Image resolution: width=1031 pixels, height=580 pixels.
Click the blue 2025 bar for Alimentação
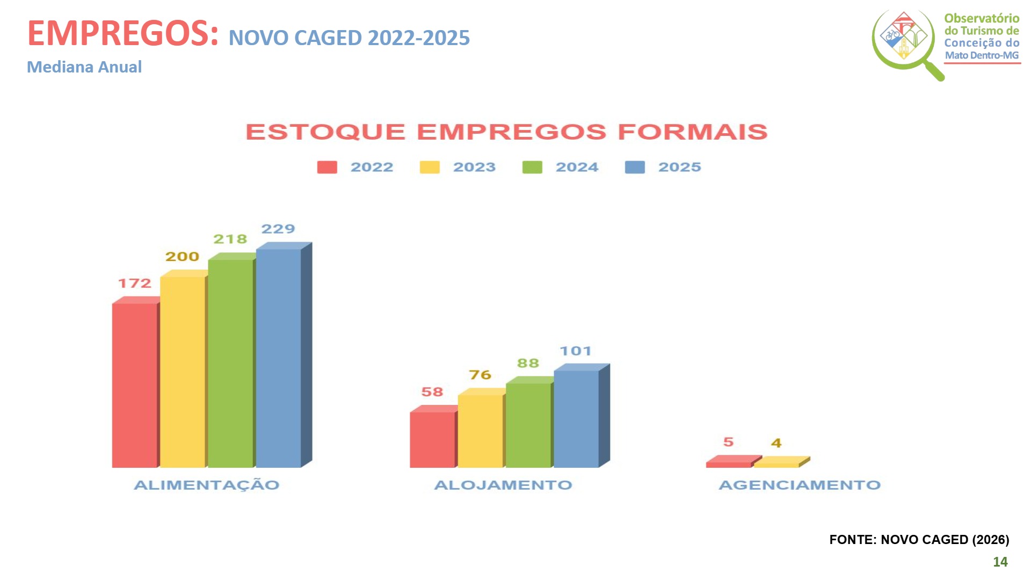[x=278, y=358]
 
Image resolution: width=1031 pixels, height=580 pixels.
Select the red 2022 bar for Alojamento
[x=432, y=439]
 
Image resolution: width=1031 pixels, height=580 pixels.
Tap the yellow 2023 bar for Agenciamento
[x=777, y=463]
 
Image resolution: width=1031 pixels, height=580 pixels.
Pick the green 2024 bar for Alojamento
[x=528, y=424]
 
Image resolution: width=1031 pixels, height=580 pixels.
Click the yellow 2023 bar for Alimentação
[x=183, y=372]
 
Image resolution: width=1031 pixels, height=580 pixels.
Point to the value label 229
[x=278, y=229]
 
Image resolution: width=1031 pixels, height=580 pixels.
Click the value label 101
[x=575, y=351]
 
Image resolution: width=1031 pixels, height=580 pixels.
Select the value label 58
[x=432, y=392]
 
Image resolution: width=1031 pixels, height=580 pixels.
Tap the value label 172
[x=134, y=284]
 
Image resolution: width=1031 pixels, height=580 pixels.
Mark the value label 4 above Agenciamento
[x=776, y=443]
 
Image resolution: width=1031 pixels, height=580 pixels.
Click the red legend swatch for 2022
[x=327, y=168]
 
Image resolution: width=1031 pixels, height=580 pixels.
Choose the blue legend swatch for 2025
[x=635, y=168]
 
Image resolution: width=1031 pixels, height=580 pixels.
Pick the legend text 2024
[x=577, y=168]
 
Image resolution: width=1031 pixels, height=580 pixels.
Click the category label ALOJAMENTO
[x=503, y=485]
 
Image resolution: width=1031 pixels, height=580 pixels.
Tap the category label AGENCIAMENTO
[x=800, y=485]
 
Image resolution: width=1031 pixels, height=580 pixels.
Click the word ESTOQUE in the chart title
[x=325, y=132]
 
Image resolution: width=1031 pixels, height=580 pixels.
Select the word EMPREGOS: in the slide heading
[x=123, y=33]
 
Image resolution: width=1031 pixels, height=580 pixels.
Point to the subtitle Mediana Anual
[x=84, y=67]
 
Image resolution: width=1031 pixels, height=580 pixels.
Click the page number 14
[x=1000, y=562]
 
